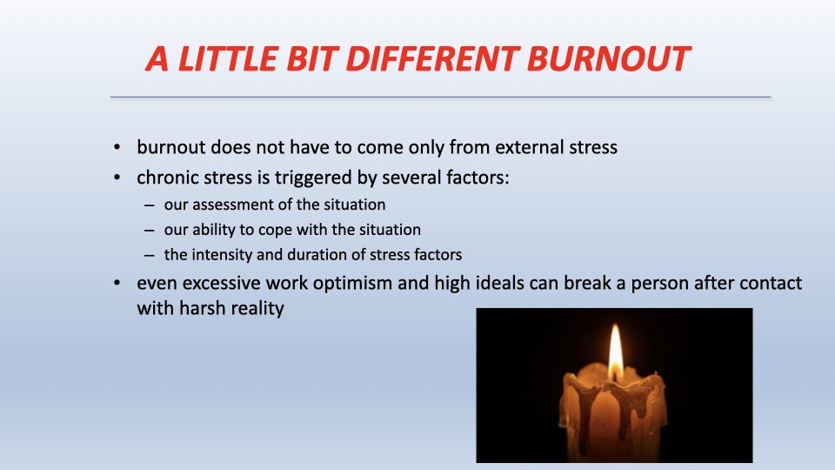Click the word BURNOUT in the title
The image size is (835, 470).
point(608,58)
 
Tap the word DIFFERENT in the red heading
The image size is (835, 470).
point(432,58)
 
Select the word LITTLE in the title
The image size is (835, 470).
point(228,58)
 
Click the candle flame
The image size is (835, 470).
point(616,352)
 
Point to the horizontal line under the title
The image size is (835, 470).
point(440,97)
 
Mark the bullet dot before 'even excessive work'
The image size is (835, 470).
point(117,283)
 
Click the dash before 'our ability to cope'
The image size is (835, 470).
point(149,230)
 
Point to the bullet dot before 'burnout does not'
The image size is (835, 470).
point(117,148)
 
